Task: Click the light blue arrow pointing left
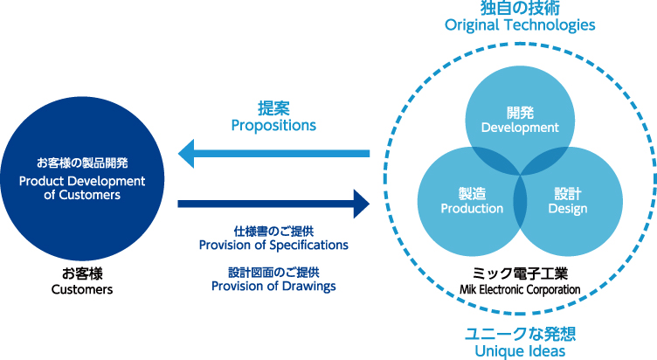tap(273, 154)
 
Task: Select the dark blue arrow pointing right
tap(273, 204)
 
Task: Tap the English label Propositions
tap(273, 125)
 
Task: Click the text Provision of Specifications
tap(273, 245)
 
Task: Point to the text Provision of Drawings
tap(273, 286)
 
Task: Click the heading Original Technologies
tap(520, 25)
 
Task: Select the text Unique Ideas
tap(520, 350)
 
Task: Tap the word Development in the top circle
tap(520, 128)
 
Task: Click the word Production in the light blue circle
tap(472, 208)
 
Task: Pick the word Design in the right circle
tap(568, 209)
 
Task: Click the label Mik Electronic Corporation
tap(520, 289)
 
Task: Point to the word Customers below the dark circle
tap(82, 289)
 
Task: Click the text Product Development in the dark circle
tap(82, 181)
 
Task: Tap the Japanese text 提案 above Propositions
tap(273, 108)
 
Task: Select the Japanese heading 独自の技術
tap(520, 8)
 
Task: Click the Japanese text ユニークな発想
tap(520, 334)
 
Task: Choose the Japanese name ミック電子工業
tap(520, 273)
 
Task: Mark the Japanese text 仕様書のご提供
tap(273, 232)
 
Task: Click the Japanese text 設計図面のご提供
tap(273, 273)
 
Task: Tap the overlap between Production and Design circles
tap(520, 201)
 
